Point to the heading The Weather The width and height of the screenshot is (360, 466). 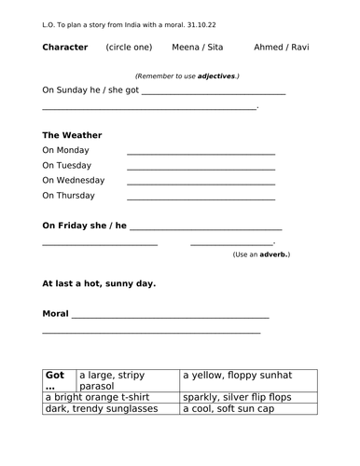click(73, 135)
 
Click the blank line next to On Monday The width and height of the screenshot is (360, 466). click(201, 151)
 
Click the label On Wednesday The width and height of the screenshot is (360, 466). click(74, 181)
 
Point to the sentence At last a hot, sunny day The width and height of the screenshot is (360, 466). click(99, 283)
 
